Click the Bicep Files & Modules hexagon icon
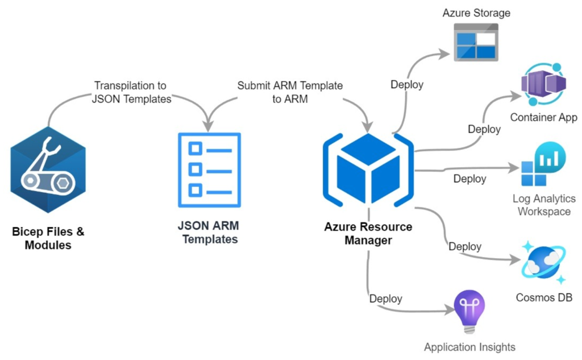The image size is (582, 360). point(48,169)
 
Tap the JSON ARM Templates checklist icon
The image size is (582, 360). point(209,169)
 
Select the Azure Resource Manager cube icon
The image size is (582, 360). point(368,169)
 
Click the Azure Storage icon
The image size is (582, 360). point(475,42)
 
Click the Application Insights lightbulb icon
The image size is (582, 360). point(469,312)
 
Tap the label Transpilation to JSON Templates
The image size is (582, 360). point(130,92)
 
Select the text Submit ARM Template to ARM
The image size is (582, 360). point(290,92)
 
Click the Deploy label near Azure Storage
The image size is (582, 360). point(407,85)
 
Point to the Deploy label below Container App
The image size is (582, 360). point(484,129)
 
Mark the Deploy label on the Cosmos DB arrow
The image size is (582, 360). point(465,247)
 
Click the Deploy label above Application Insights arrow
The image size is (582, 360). point(386,299)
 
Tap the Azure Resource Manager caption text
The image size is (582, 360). point(368,234)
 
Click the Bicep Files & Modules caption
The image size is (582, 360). point(48,239)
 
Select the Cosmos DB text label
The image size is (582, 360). point(544,297)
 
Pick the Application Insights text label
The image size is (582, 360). point(469,347)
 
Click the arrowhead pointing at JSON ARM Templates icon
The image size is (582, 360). point(209,126)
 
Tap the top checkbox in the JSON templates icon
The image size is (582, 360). point(195,149)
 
